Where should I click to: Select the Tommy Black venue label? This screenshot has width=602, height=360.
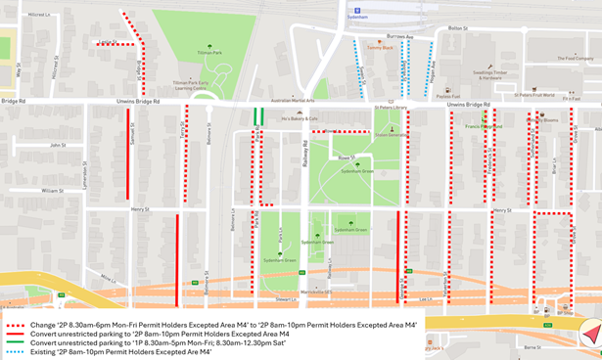pos(380,47)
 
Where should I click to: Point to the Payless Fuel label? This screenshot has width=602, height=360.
pos(448,96)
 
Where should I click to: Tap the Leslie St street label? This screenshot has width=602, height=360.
pos(107,40)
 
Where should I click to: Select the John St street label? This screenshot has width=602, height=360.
pos(58,145)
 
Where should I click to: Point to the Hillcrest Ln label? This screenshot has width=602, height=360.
pos(39,15)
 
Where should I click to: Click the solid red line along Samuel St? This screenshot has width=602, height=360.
pos(127,139)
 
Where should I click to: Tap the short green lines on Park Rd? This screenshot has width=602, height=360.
pos(258,115)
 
